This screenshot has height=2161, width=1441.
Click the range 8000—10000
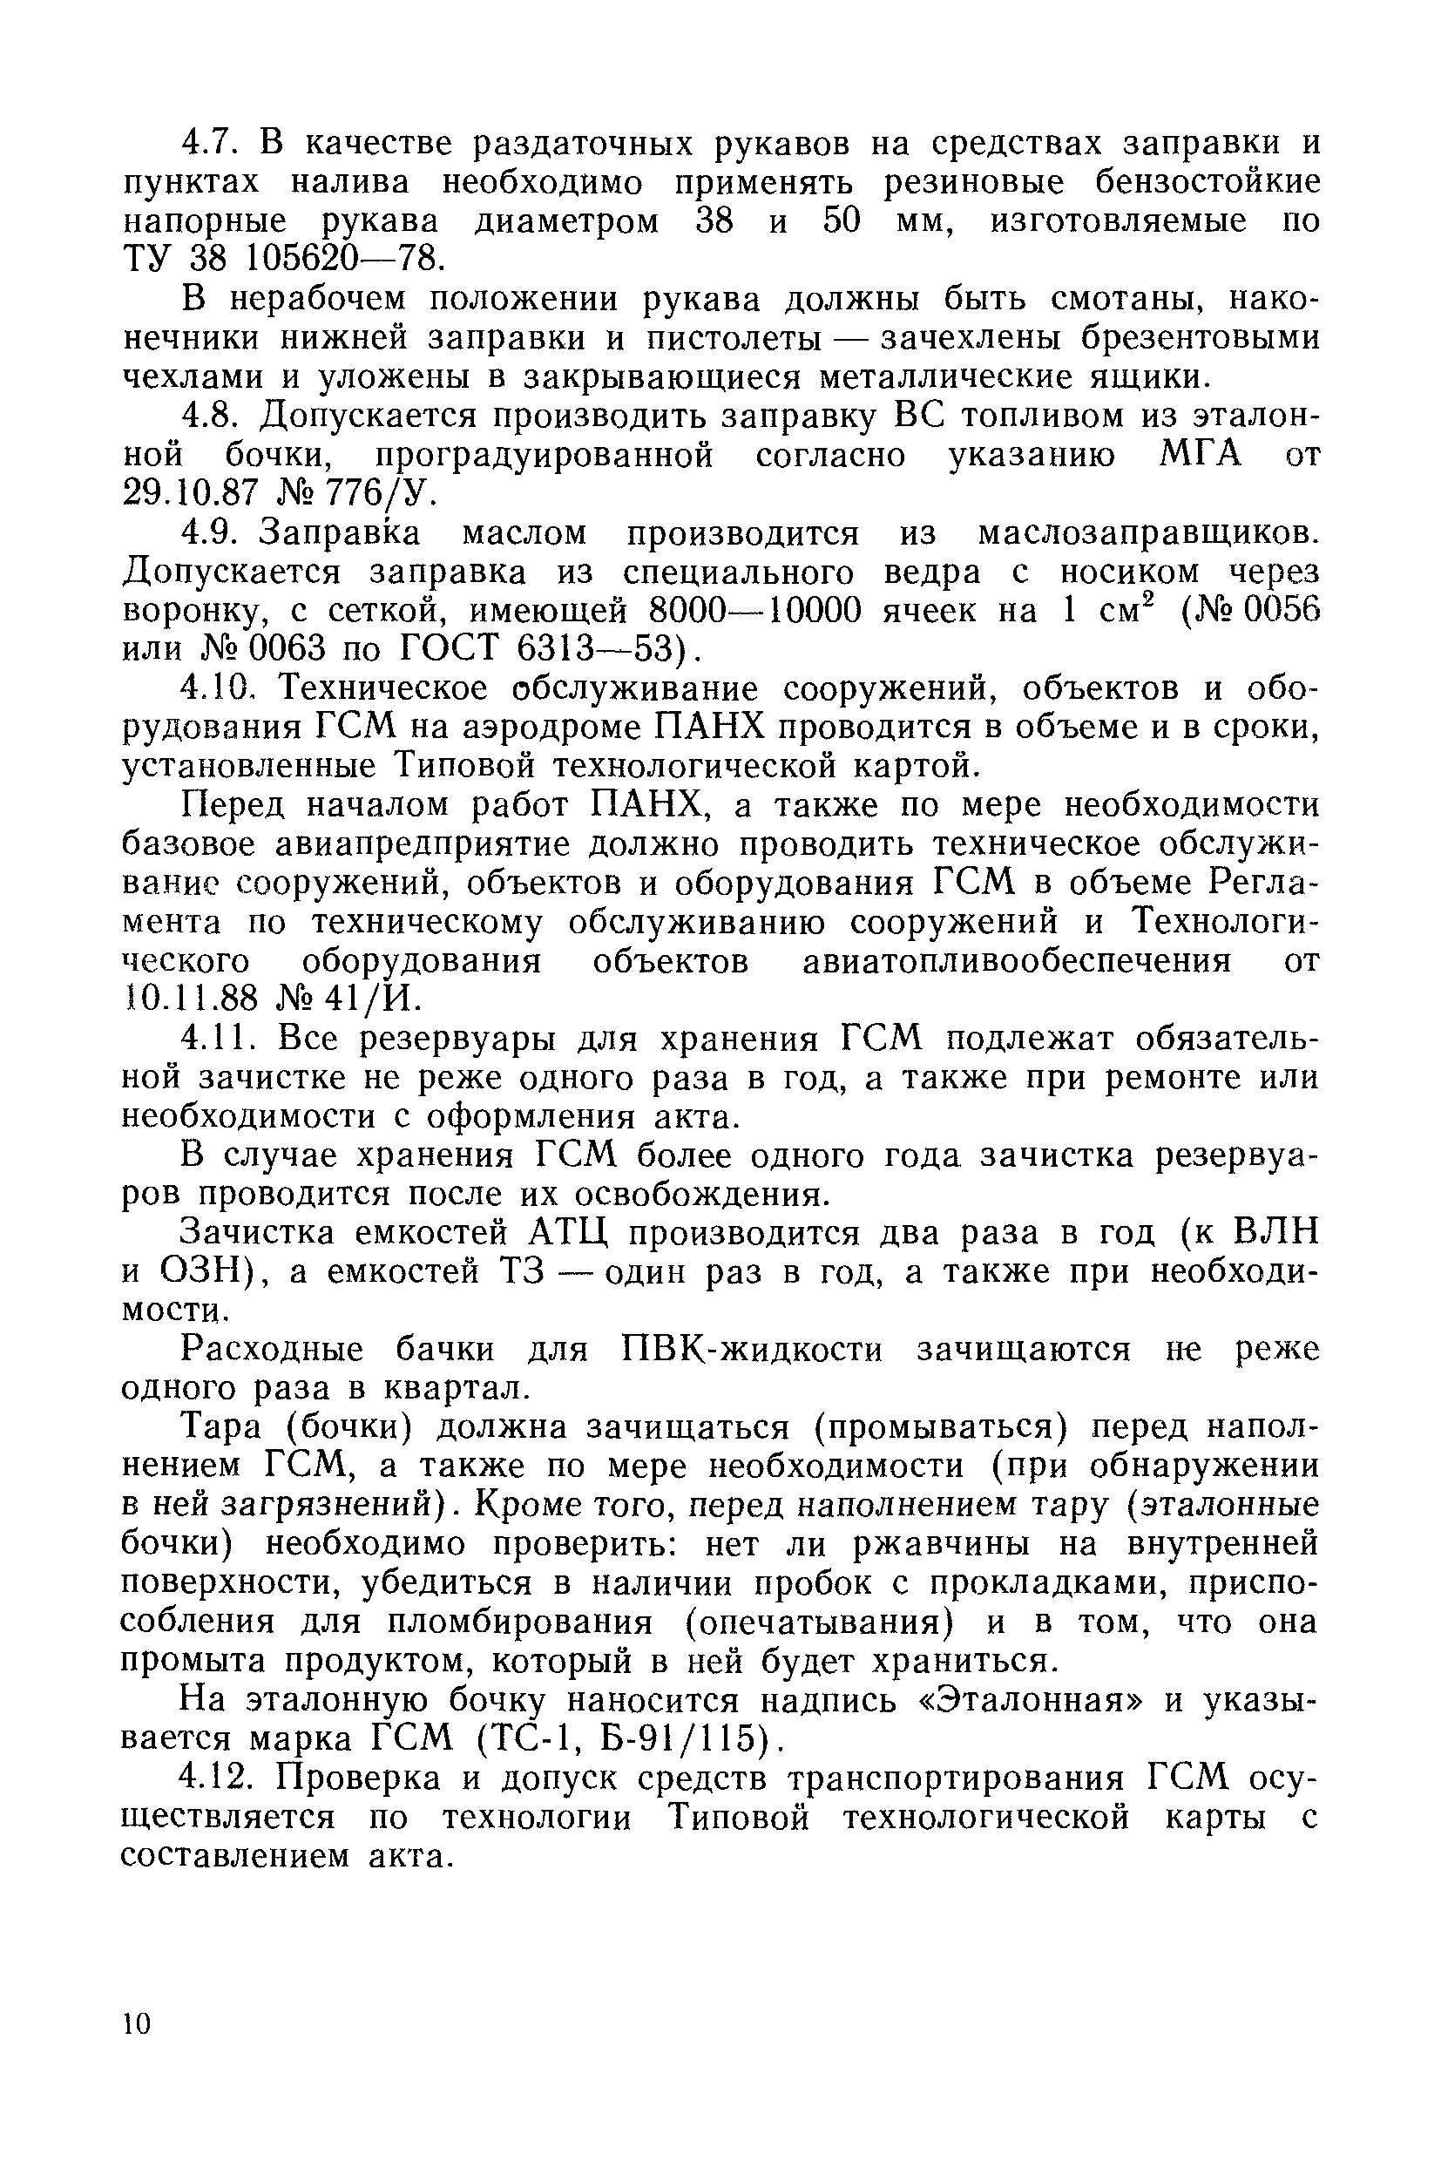[755, 609]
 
